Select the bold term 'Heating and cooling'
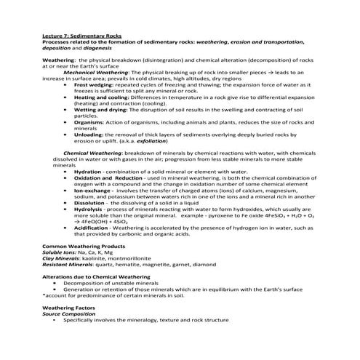click(100, 97)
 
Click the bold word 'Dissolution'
click(90, 202)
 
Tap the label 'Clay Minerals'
click(62, 258)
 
